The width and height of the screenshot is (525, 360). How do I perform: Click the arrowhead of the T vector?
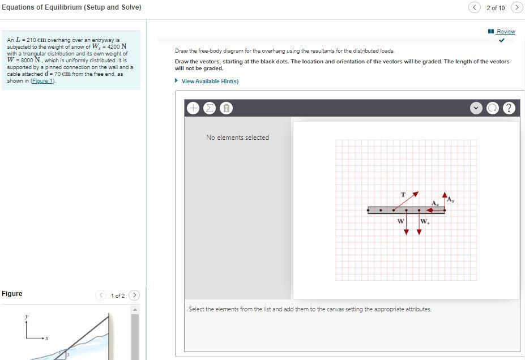click(416, 194)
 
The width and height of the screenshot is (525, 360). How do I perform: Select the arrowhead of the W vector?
click(406, 232)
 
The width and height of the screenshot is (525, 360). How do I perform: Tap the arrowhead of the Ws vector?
click(419, 232)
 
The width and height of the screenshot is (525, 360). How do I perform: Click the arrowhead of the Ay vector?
click(445, 195)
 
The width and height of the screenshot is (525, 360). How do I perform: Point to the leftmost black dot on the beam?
click(368, 210)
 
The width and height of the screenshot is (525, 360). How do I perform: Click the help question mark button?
click(509, 108)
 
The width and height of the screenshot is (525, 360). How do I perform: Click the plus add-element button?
click(193, 108)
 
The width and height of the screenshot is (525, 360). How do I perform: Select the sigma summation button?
click(209, 108)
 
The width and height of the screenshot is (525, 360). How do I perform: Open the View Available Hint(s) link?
click(210, 82)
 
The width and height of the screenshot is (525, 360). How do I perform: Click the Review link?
click(505, 32)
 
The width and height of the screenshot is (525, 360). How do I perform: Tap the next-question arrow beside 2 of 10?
click(516, 7)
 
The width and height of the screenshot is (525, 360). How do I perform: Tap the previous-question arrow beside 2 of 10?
click(475, 7)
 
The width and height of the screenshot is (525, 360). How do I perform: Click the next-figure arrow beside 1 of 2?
click(134, 295)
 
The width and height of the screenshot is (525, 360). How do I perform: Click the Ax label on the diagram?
click(435, 203)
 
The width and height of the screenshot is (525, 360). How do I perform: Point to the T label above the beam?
click(403, 195)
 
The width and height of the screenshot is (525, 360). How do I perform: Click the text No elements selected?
click(237, 138)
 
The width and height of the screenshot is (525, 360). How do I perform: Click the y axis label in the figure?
click(26, 316)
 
